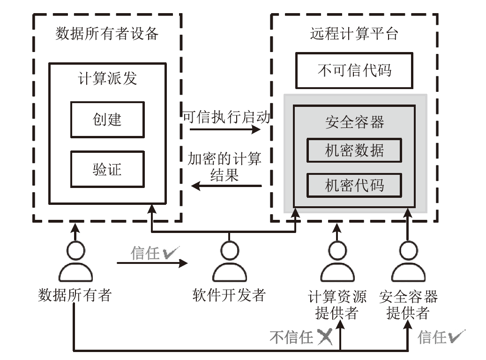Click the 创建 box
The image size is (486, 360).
[107, 119]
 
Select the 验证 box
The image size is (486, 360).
[107, 169]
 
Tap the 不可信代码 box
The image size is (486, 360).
[354, 71]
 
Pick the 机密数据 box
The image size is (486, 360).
[354, 150]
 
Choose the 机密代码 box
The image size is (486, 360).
[354, 186]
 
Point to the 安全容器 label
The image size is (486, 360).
[354, 122]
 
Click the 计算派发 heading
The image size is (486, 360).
[107, 78]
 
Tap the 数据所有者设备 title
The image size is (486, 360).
[107, 34]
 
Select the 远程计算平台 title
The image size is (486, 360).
[354, 34]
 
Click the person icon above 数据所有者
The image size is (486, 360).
[75, 262]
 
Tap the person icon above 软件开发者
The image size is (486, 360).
[229, 262]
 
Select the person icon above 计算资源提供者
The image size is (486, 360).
[336, 262]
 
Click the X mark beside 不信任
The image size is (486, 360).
[324, 337]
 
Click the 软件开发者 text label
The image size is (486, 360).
[229, 295]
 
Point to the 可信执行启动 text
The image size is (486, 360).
[226, 117]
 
